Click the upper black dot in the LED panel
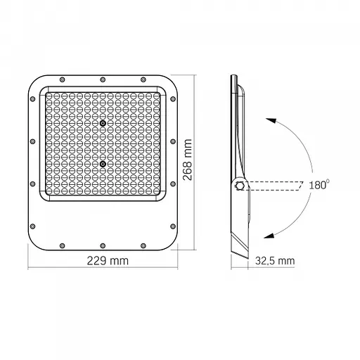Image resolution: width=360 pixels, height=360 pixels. coord(103,123)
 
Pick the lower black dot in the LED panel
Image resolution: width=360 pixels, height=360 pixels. coord(103,165)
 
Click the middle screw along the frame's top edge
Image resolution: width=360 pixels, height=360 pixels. coord(103,79)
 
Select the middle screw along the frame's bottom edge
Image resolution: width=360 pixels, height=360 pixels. coord(103,245)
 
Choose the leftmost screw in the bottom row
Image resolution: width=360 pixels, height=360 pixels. coord(62,245)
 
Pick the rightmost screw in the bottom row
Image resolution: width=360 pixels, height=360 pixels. coord(144,245)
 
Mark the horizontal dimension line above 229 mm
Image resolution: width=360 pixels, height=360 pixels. coord(103,269)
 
